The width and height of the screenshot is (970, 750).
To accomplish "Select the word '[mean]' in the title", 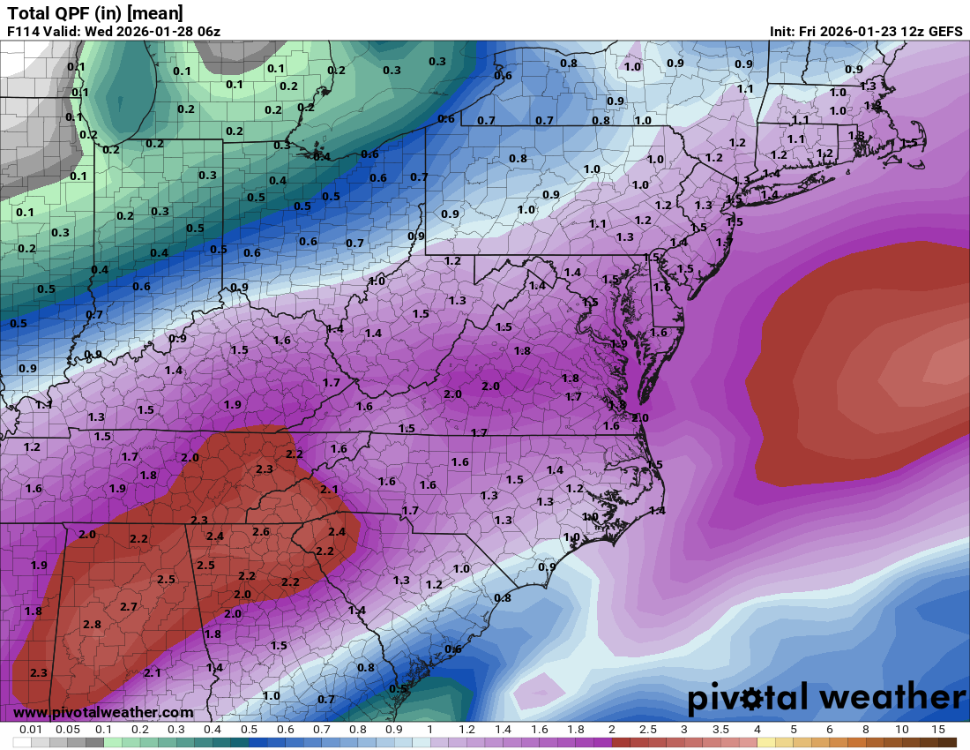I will tap(159, 12).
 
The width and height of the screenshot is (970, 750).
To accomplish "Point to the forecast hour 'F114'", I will tap(24, 31).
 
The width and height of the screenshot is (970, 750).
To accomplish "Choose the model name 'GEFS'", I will tap(944, 31).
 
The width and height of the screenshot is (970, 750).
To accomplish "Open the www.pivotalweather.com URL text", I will tap(103, 712).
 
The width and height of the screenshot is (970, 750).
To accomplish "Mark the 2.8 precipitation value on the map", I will tap(92, 625).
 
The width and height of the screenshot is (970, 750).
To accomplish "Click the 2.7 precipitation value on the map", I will tap(128, 607).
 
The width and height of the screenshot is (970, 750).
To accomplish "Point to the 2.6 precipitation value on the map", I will tap(260, 531).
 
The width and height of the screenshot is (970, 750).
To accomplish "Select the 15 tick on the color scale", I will tap(937, 730).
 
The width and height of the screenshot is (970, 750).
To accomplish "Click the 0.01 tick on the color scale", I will tap(32, 730).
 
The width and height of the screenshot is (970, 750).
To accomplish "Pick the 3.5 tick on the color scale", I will tap(720, 730).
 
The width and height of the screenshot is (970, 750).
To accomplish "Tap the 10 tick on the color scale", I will tap(901, 730).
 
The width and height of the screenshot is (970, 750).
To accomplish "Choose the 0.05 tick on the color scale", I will tap(68, 730).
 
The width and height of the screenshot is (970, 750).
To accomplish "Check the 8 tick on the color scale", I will tap(865, 730).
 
